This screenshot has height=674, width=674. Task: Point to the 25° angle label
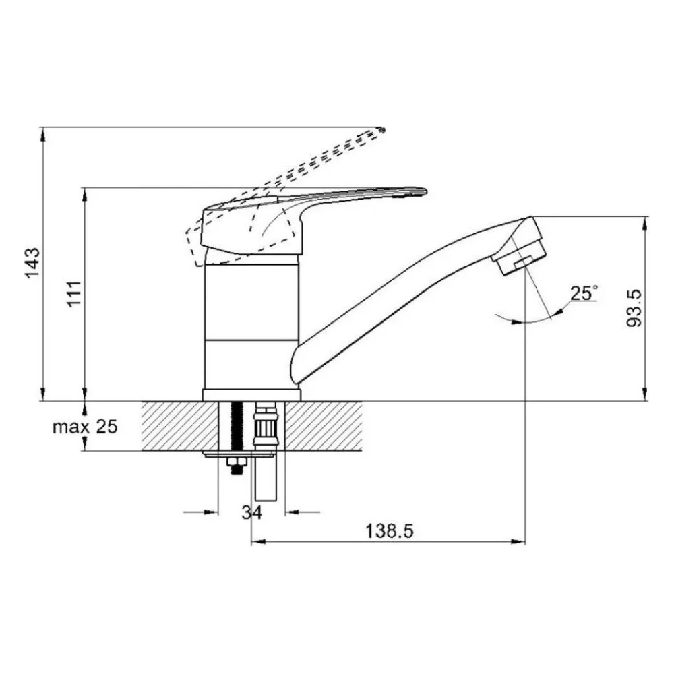pos(584,293)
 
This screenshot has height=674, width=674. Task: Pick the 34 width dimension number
pos(251,513)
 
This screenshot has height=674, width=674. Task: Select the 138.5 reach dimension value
pos(389,531)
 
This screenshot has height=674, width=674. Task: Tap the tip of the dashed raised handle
pos(383,128)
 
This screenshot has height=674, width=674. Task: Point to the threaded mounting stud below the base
pos(237,428)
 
